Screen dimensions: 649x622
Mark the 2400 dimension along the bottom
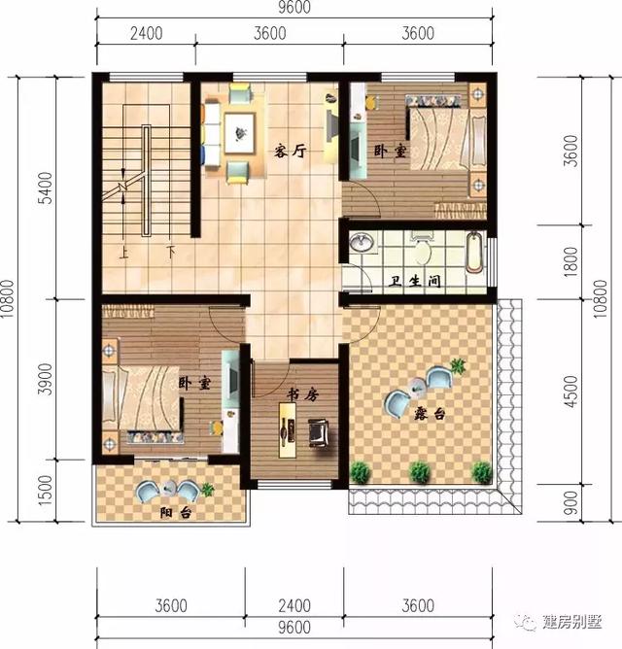click(x=294, y=606)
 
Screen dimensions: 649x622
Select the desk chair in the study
click(x=318, y=428)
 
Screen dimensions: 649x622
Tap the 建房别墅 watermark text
click(x=571, y=623)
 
